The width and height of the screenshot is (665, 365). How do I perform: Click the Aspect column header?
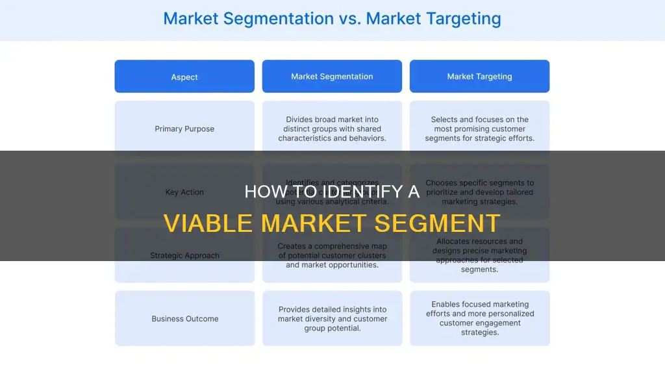coord(184,77)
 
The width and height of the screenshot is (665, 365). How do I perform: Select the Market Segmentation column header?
coord(332,77)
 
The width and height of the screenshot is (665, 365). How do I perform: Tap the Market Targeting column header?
coord(479,77)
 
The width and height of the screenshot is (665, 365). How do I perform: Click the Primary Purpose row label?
coord(184,129)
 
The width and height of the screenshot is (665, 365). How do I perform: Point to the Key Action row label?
coord(184,192)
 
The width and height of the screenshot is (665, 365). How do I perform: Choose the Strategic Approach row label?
coord(184,255)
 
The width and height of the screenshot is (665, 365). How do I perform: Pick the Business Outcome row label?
coord(184,319)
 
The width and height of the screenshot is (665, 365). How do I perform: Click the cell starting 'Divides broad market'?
coord(332,129)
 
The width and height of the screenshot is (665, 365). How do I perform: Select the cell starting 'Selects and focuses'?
coord(479,129)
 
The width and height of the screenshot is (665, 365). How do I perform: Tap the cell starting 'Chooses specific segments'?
coord(479,192)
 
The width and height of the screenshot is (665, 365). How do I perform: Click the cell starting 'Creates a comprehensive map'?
coord(332,255)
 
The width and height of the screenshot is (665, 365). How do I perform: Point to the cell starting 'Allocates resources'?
coord(479,255)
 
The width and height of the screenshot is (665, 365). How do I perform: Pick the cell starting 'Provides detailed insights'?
coord(332,319)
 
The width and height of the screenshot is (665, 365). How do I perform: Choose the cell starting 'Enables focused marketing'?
coord(479,318)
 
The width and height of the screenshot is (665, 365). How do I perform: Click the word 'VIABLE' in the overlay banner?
coord(207,223)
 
